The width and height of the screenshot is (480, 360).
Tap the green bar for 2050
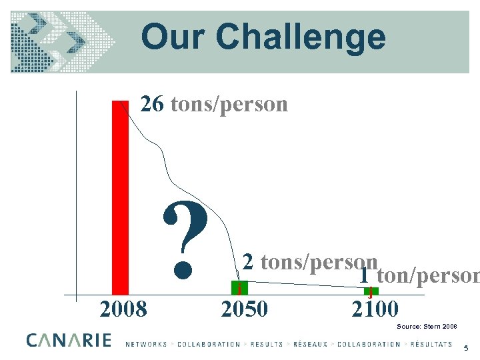[x=239, y=288]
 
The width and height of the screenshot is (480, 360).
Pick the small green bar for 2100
[x=370, y=291]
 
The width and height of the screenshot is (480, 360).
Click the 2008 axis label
[x=123, y=309]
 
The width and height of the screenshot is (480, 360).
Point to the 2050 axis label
[x=244, y=309]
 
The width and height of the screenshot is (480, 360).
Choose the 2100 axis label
[x=375, y=309]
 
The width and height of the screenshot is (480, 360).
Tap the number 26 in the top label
[x=151, y=104]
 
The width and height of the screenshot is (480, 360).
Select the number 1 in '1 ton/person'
[x=365, y=274]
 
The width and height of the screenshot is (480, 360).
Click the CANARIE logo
[x=69, y=340]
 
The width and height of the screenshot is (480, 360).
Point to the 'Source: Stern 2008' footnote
[x=427, y=326]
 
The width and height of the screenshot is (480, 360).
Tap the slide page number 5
[x=466, y=347]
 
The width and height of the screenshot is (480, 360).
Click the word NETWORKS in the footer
[x=146, y=344]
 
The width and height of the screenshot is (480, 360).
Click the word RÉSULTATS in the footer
[x=428, y=344]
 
